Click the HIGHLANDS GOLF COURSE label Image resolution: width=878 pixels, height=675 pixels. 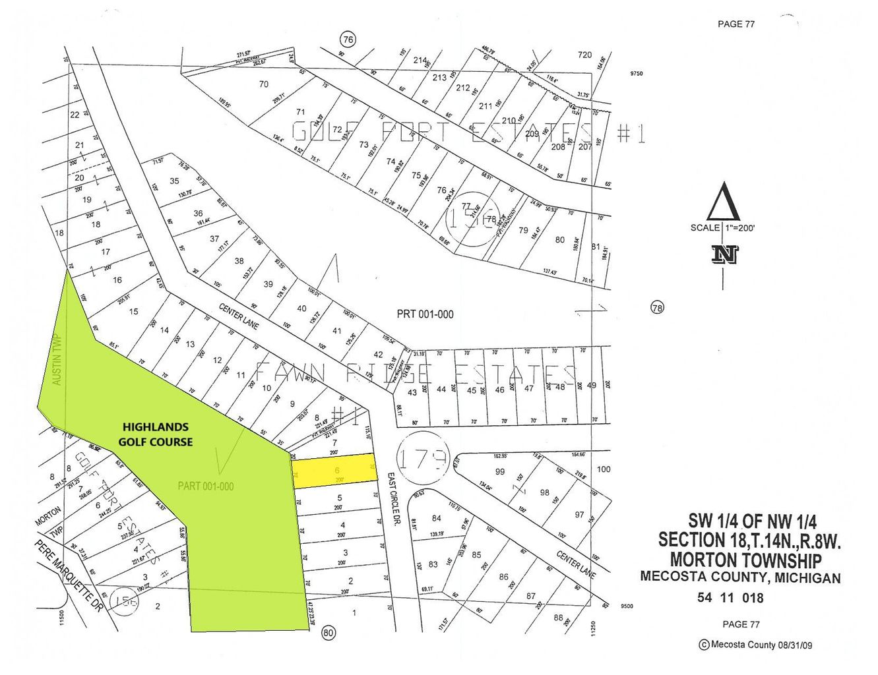tap(156, 434)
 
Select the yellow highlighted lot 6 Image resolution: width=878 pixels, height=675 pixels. tap(334, 470)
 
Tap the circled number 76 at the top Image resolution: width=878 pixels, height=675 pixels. tap(348, 40)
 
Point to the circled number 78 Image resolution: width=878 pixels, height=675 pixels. tap(657, 307)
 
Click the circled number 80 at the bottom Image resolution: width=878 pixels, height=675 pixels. tap(329, 633)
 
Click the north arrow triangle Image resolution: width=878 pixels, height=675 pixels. tap(723, 202)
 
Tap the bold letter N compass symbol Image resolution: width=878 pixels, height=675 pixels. tap(724, 254)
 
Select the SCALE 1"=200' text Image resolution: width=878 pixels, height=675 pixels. tap(722, 228)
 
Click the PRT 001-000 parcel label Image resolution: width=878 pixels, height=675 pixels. tap(425, 314)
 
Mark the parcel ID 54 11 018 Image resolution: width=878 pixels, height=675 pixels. tap(730, 598)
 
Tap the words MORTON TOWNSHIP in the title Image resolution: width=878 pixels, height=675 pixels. tap(745, 560)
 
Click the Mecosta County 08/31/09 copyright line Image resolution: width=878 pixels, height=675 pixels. tap(756, 645)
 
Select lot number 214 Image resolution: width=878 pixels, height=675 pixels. tap(420, 60)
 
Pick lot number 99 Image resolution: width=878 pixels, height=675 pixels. tap(500, 471)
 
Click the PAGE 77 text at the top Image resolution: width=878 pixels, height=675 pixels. tap(736, 24)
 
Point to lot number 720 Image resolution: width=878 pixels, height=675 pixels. tap(584, 55)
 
